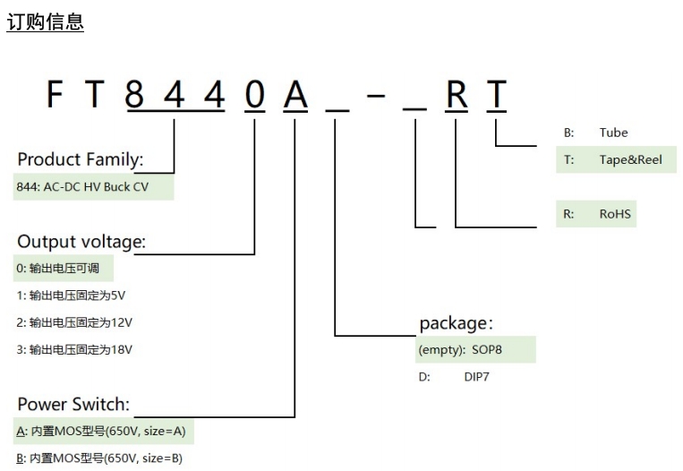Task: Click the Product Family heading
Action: click(81, 159)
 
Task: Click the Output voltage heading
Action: click(81, 242)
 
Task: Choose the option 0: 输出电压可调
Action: click(63, 268)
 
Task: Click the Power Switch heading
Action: click(73, 404)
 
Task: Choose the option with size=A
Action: click(103, 432)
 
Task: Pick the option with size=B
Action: click(103, 458)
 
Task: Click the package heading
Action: click(456, 322)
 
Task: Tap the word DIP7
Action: click(477, 377)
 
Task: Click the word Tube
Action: click(613, 133)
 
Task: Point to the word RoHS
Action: click(615, 215)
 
